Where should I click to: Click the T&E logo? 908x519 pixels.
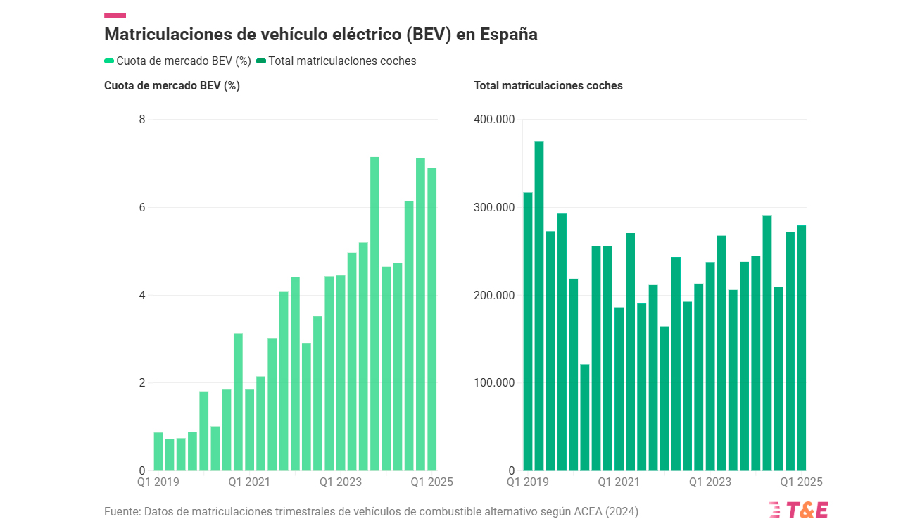[x=798, y=510]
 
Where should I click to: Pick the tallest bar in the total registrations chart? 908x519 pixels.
[x=539, y=306]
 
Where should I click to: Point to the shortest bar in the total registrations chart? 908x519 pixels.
[x=584, y=417]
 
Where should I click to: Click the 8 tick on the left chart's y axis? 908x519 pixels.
[x=142, y=120]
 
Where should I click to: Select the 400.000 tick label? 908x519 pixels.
[x=495, y=120]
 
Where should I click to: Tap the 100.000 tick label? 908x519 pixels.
[x=495, y=383]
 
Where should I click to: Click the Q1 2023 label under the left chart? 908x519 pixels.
[x=341, y=482]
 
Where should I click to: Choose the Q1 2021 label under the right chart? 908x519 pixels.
[x=619, y=482]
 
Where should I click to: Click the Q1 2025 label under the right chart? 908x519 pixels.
[x=801, y=482]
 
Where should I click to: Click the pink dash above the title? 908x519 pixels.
[x=115, y=15]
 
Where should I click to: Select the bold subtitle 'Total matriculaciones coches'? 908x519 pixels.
[x=548, y=86]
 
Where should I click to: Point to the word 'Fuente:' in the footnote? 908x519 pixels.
[x=122, y=511]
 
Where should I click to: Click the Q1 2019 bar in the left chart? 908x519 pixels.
[x=158, y=451]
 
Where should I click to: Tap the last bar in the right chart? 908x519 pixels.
[x=801, y=348]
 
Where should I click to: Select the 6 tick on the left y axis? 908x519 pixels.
[x=142, y=208]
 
